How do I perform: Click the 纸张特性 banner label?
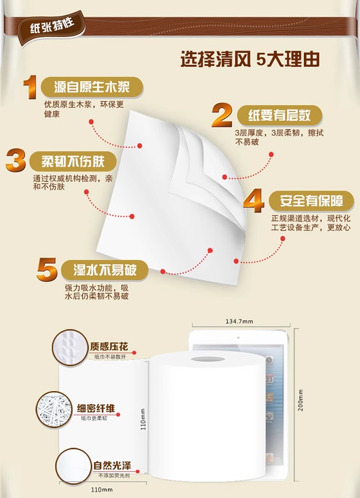click(x=53, y=26)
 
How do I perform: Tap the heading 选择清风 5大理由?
click(x=250, y=59)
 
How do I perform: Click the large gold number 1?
click(x=30, y=87)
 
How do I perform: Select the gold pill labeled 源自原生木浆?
click(x=92, y=87)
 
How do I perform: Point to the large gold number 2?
click(x=222, y=115)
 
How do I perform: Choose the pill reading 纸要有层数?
click(x=280, y=115)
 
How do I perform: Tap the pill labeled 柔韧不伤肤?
click(x=73, y=161)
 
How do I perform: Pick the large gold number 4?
click(x=254, y=201)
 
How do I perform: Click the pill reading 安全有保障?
click(x=311, y=201)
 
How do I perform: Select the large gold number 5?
click(x=47, y=270)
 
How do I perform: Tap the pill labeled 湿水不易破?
click(x=105, y=270)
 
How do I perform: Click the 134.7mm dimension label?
click(x=239, y=322)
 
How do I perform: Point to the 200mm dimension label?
click(x=300, y=400)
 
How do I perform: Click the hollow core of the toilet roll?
click(x=208, y=359)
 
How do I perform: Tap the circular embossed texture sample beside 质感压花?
click(x=70, y=348)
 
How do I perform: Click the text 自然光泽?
click(x=112, y=466)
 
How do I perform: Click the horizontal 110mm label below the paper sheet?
click(x=102, y=489)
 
